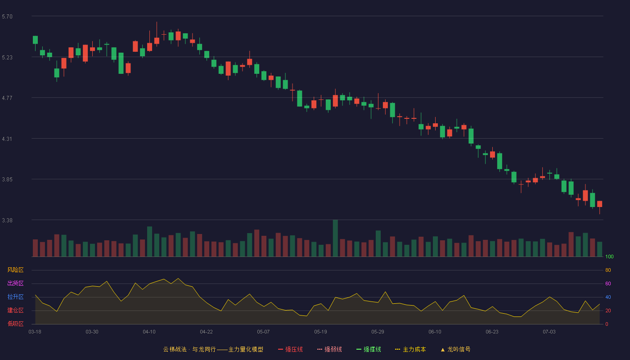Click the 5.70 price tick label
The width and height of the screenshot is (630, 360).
[7, 17]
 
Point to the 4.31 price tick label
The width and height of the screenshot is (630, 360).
[7, 139]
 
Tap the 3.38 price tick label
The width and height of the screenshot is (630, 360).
[7, 220]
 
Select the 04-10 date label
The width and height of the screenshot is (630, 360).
[149, 332]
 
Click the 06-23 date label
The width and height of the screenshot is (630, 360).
[492, 332]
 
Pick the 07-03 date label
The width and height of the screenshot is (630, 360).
[549, 332]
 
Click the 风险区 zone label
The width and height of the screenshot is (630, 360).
[15, 270]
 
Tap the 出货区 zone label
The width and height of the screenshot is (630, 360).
[15, 283]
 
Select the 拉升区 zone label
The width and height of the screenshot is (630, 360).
[15, 297]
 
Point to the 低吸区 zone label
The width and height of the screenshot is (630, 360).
[15, 324]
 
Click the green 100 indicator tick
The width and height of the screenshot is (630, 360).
[609, 256]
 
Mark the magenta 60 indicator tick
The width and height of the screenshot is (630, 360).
[608, 283]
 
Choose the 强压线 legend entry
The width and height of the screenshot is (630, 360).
[290, 349]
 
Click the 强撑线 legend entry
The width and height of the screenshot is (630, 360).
[369, 349]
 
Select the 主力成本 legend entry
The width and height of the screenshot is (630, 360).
[410, 349]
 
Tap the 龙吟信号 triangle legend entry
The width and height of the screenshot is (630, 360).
[455, 349]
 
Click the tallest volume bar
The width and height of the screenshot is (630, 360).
[335, 238]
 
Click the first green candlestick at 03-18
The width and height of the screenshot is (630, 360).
[35, 40]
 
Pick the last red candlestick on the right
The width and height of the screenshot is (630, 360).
[599, 204]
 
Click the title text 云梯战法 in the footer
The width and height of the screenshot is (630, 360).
[175, 349]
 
